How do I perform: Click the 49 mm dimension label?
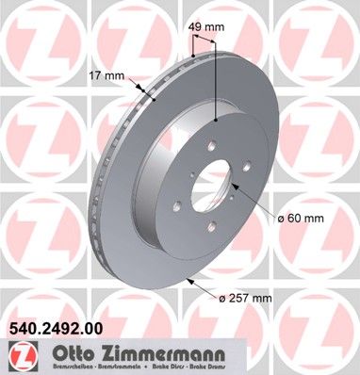(207, 27)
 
